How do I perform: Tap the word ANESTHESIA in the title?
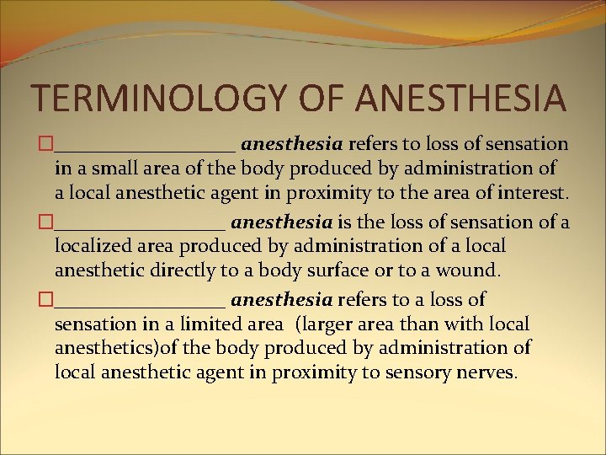[x=460, y=99]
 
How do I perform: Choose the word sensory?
[x=411, y=372]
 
